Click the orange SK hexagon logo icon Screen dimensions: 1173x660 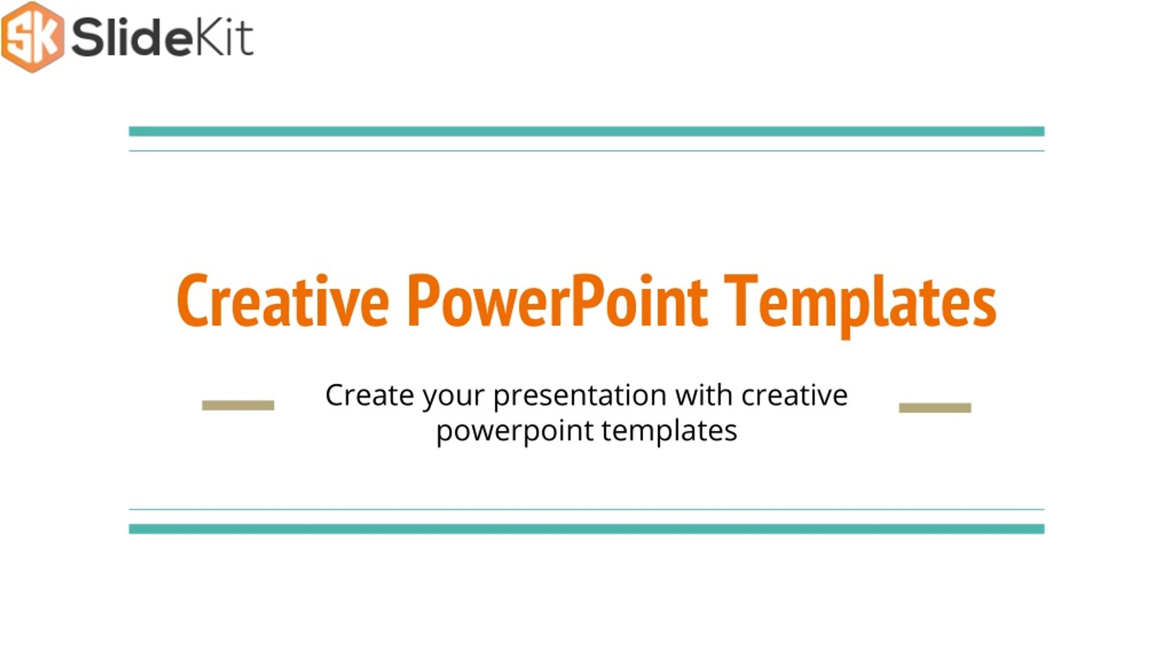click(x=33, y=37)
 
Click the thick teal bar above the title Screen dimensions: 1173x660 click(x=586, y=132)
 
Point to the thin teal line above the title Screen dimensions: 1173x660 click(x=586, y=151)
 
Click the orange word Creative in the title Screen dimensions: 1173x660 click(x=283, y=301)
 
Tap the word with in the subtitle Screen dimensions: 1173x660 click(x=704, y=395)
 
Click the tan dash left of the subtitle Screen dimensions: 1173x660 click(x=238, y=405)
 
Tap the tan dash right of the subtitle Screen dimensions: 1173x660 click(x=935, y=407)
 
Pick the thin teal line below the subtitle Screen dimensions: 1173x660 click(x=586, y=509)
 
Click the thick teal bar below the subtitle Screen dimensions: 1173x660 click(x=586, y=529)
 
